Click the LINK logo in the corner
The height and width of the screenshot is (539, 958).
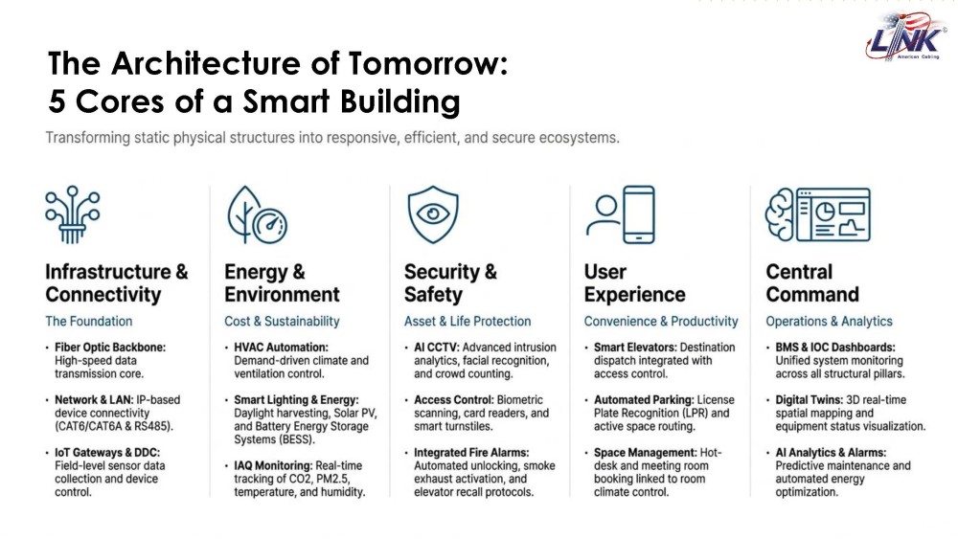(x=906, y=36)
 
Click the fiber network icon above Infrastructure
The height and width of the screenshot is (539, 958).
(x=72, y=214)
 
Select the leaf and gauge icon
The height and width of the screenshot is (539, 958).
(x=257, y=214)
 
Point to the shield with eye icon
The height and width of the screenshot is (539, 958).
(x=433, y=214)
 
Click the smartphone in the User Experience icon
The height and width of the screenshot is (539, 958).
(x=638, y=214)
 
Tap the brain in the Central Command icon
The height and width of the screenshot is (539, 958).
(x=780, y=214)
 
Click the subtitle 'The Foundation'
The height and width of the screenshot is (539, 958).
(x=88, y=321)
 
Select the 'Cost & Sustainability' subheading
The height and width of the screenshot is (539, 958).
(x=282, y=321)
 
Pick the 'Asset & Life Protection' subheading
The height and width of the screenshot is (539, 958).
(x=468, y=321)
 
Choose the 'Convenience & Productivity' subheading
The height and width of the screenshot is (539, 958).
(x=660, y=321)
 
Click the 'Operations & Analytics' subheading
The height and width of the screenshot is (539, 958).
(x=829, y=321)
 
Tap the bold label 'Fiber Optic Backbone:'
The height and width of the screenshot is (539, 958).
(x=110, y=348)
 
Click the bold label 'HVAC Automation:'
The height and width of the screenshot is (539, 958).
(x=281, y=348)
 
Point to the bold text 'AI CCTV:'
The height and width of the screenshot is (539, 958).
(x=436, y=348)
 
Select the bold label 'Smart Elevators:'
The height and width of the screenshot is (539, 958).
(x=635, y=348)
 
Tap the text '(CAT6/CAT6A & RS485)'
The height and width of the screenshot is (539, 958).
(x=114, y=426)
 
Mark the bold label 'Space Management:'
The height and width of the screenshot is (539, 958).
(x=645, y=452)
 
